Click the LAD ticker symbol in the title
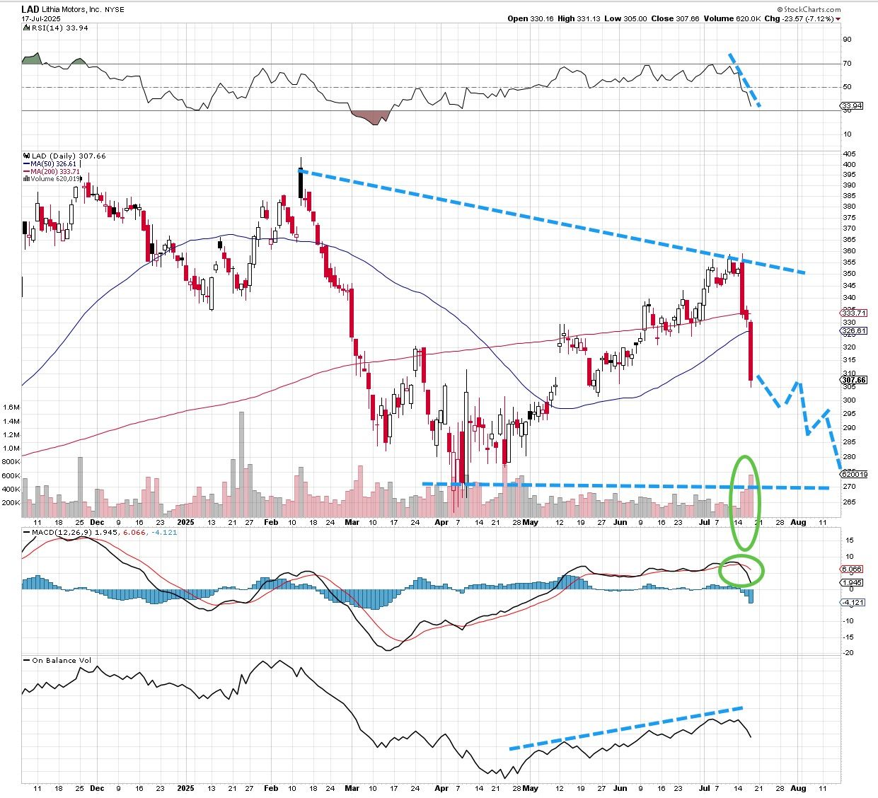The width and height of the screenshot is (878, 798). (30, 9)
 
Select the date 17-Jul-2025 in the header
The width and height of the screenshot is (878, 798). (41, 19)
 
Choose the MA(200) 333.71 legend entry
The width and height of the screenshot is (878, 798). (54, 171)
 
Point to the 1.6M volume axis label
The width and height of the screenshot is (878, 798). (11, 407)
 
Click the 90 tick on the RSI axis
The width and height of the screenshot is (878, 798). (846, 40)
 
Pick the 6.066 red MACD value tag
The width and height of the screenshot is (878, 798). (852, 569)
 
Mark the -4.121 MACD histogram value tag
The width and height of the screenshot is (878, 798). (853, 602)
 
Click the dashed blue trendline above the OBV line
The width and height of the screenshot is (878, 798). (626, 727)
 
